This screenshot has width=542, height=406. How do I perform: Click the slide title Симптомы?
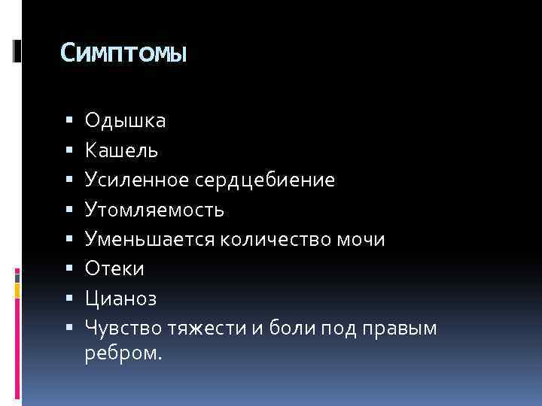123,54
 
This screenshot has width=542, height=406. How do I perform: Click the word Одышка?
126,120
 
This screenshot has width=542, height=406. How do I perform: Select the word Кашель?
121,150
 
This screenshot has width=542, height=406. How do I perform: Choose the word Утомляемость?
154,210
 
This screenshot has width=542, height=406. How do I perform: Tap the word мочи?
360,239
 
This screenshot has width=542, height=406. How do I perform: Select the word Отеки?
114,268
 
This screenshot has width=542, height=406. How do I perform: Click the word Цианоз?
121,298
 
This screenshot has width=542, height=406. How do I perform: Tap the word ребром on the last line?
120,353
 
